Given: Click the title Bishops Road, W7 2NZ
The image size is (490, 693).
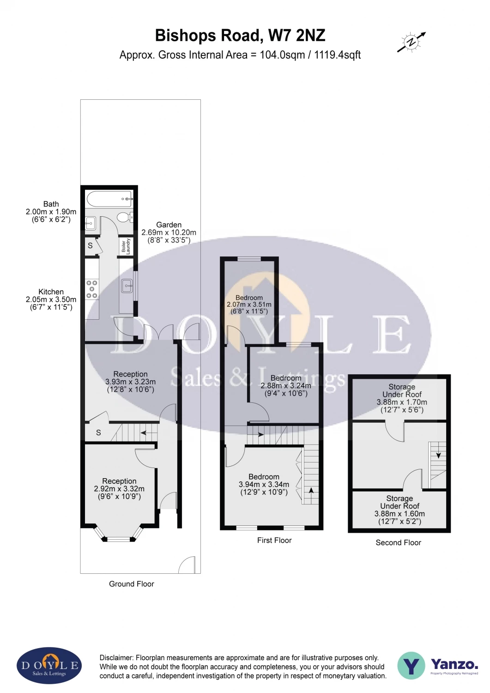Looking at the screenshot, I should pos(240,36).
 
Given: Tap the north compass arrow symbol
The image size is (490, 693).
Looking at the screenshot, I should pos(411,42).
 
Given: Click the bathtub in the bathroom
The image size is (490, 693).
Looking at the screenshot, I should pos(109,199).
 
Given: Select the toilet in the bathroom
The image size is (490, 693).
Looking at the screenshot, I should pos(124,217).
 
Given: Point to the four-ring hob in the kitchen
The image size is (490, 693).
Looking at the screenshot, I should pos(91,289).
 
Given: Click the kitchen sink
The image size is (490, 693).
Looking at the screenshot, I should pos(127,286).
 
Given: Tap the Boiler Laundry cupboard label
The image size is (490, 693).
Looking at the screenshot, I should pos(126,246).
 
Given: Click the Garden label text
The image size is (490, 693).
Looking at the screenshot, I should pos(169,225).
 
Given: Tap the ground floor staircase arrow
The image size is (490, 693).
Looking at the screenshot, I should pos(148,433).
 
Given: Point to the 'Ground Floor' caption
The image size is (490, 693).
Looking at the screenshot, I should pos(131,584).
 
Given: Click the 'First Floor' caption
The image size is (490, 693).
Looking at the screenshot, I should pos(274,541).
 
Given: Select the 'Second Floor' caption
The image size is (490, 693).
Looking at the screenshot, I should pos(398,543).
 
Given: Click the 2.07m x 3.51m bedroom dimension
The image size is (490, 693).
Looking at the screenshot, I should pos(249,305).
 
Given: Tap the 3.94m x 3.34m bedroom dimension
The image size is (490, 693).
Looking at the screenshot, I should pos(264,485).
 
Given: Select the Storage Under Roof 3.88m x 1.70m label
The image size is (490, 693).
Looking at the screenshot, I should pos(402,398).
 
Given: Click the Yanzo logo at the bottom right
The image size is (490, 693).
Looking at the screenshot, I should pos(438,665).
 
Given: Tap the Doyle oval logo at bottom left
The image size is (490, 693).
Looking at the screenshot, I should pos(49,666).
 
